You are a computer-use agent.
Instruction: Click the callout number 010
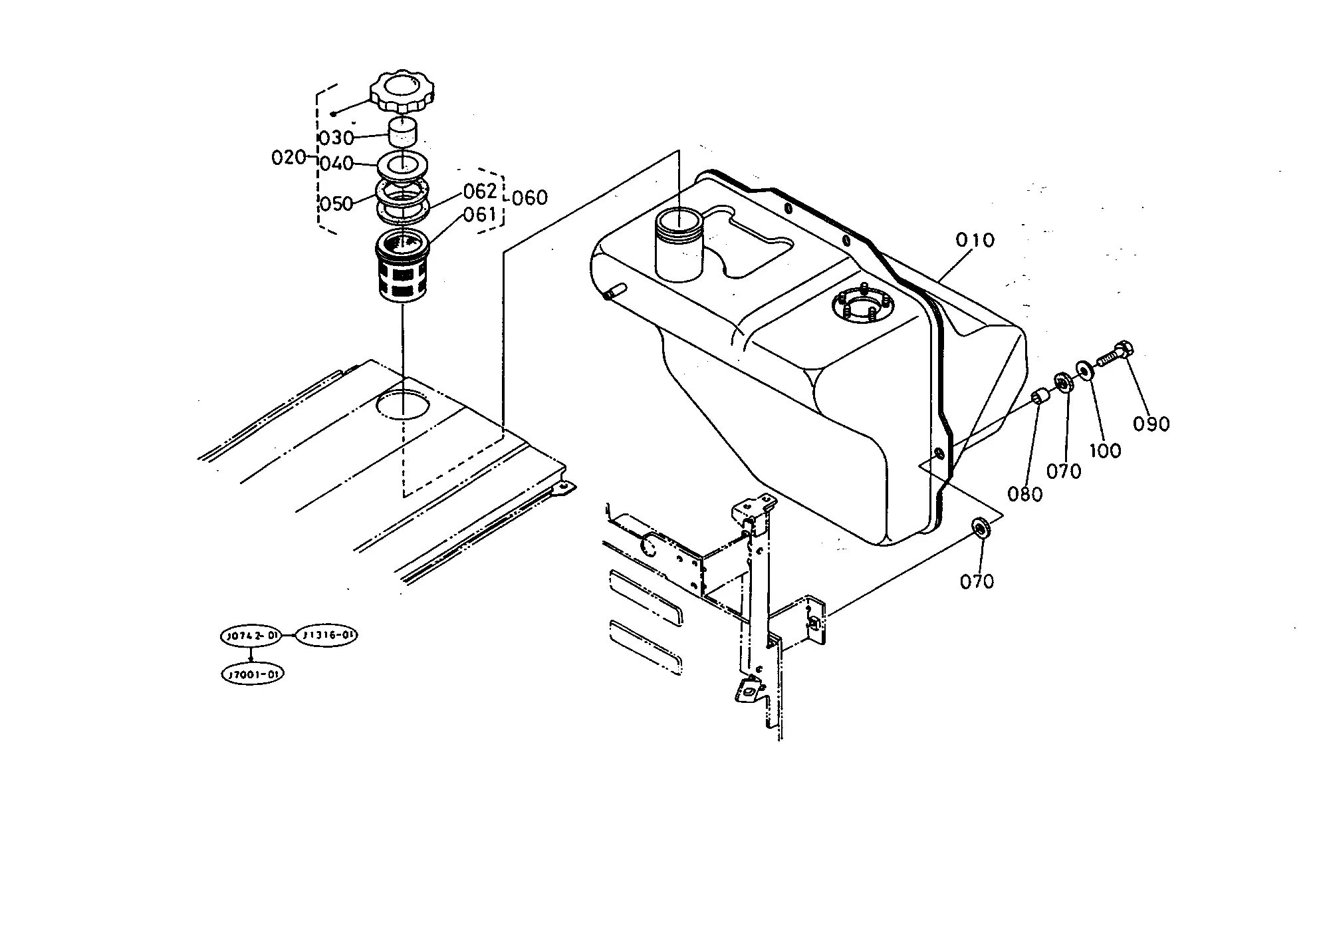coord(975,240)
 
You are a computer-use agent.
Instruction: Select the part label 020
coord(289,158)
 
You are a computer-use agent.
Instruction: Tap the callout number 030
coord(336,138)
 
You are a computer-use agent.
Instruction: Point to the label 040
coord(336,164)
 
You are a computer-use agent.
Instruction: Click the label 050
coord(336,203)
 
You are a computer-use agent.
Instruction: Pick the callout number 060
coord(530,198)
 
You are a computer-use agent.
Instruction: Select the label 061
coord(480,215)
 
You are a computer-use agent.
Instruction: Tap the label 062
coord(480,192)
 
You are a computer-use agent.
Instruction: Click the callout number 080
coord(1024,494)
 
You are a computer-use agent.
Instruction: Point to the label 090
coord(1151,424)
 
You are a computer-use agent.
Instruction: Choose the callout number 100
coord(1105,451)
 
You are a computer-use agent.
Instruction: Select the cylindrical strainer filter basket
coord(402,265)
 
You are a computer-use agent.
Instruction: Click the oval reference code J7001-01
coord(253,674)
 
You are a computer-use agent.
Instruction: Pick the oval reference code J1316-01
coord(326,636)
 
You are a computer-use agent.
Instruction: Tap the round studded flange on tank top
coord(862,307)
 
